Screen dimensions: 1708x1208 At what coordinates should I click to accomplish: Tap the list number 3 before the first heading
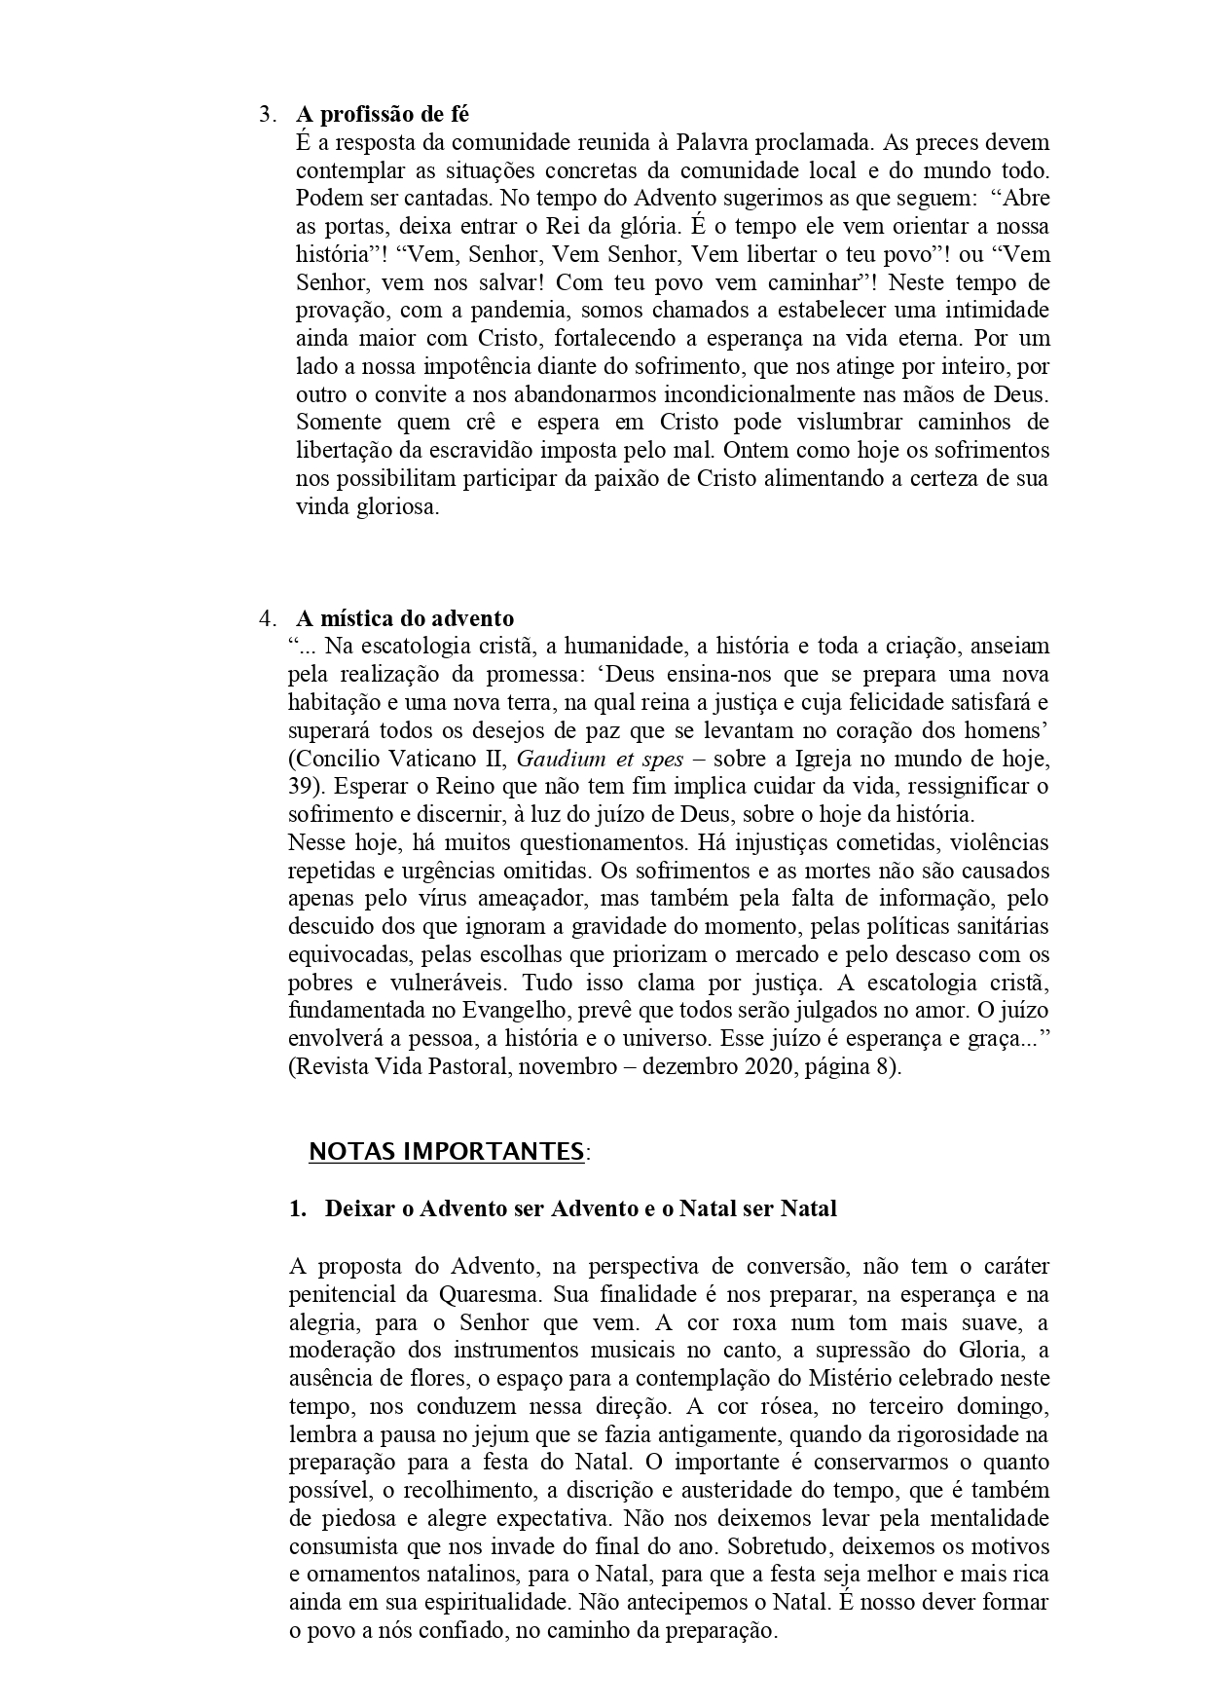coord(265,115)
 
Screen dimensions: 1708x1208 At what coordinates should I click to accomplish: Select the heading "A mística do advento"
coord(405,618)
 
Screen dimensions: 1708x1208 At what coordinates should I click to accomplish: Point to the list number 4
coord(265,619)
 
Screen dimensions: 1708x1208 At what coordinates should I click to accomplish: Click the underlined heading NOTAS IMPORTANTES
coord(446,1152)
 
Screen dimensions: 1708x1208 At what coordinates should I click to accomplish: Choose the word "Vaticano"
coord(415,758)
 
